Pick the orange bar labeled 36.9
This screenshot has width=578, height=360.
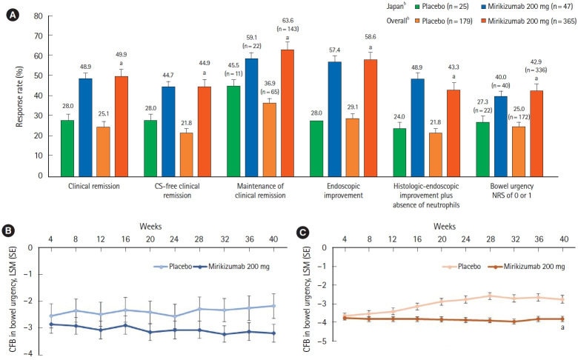(x=265, y=139)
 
